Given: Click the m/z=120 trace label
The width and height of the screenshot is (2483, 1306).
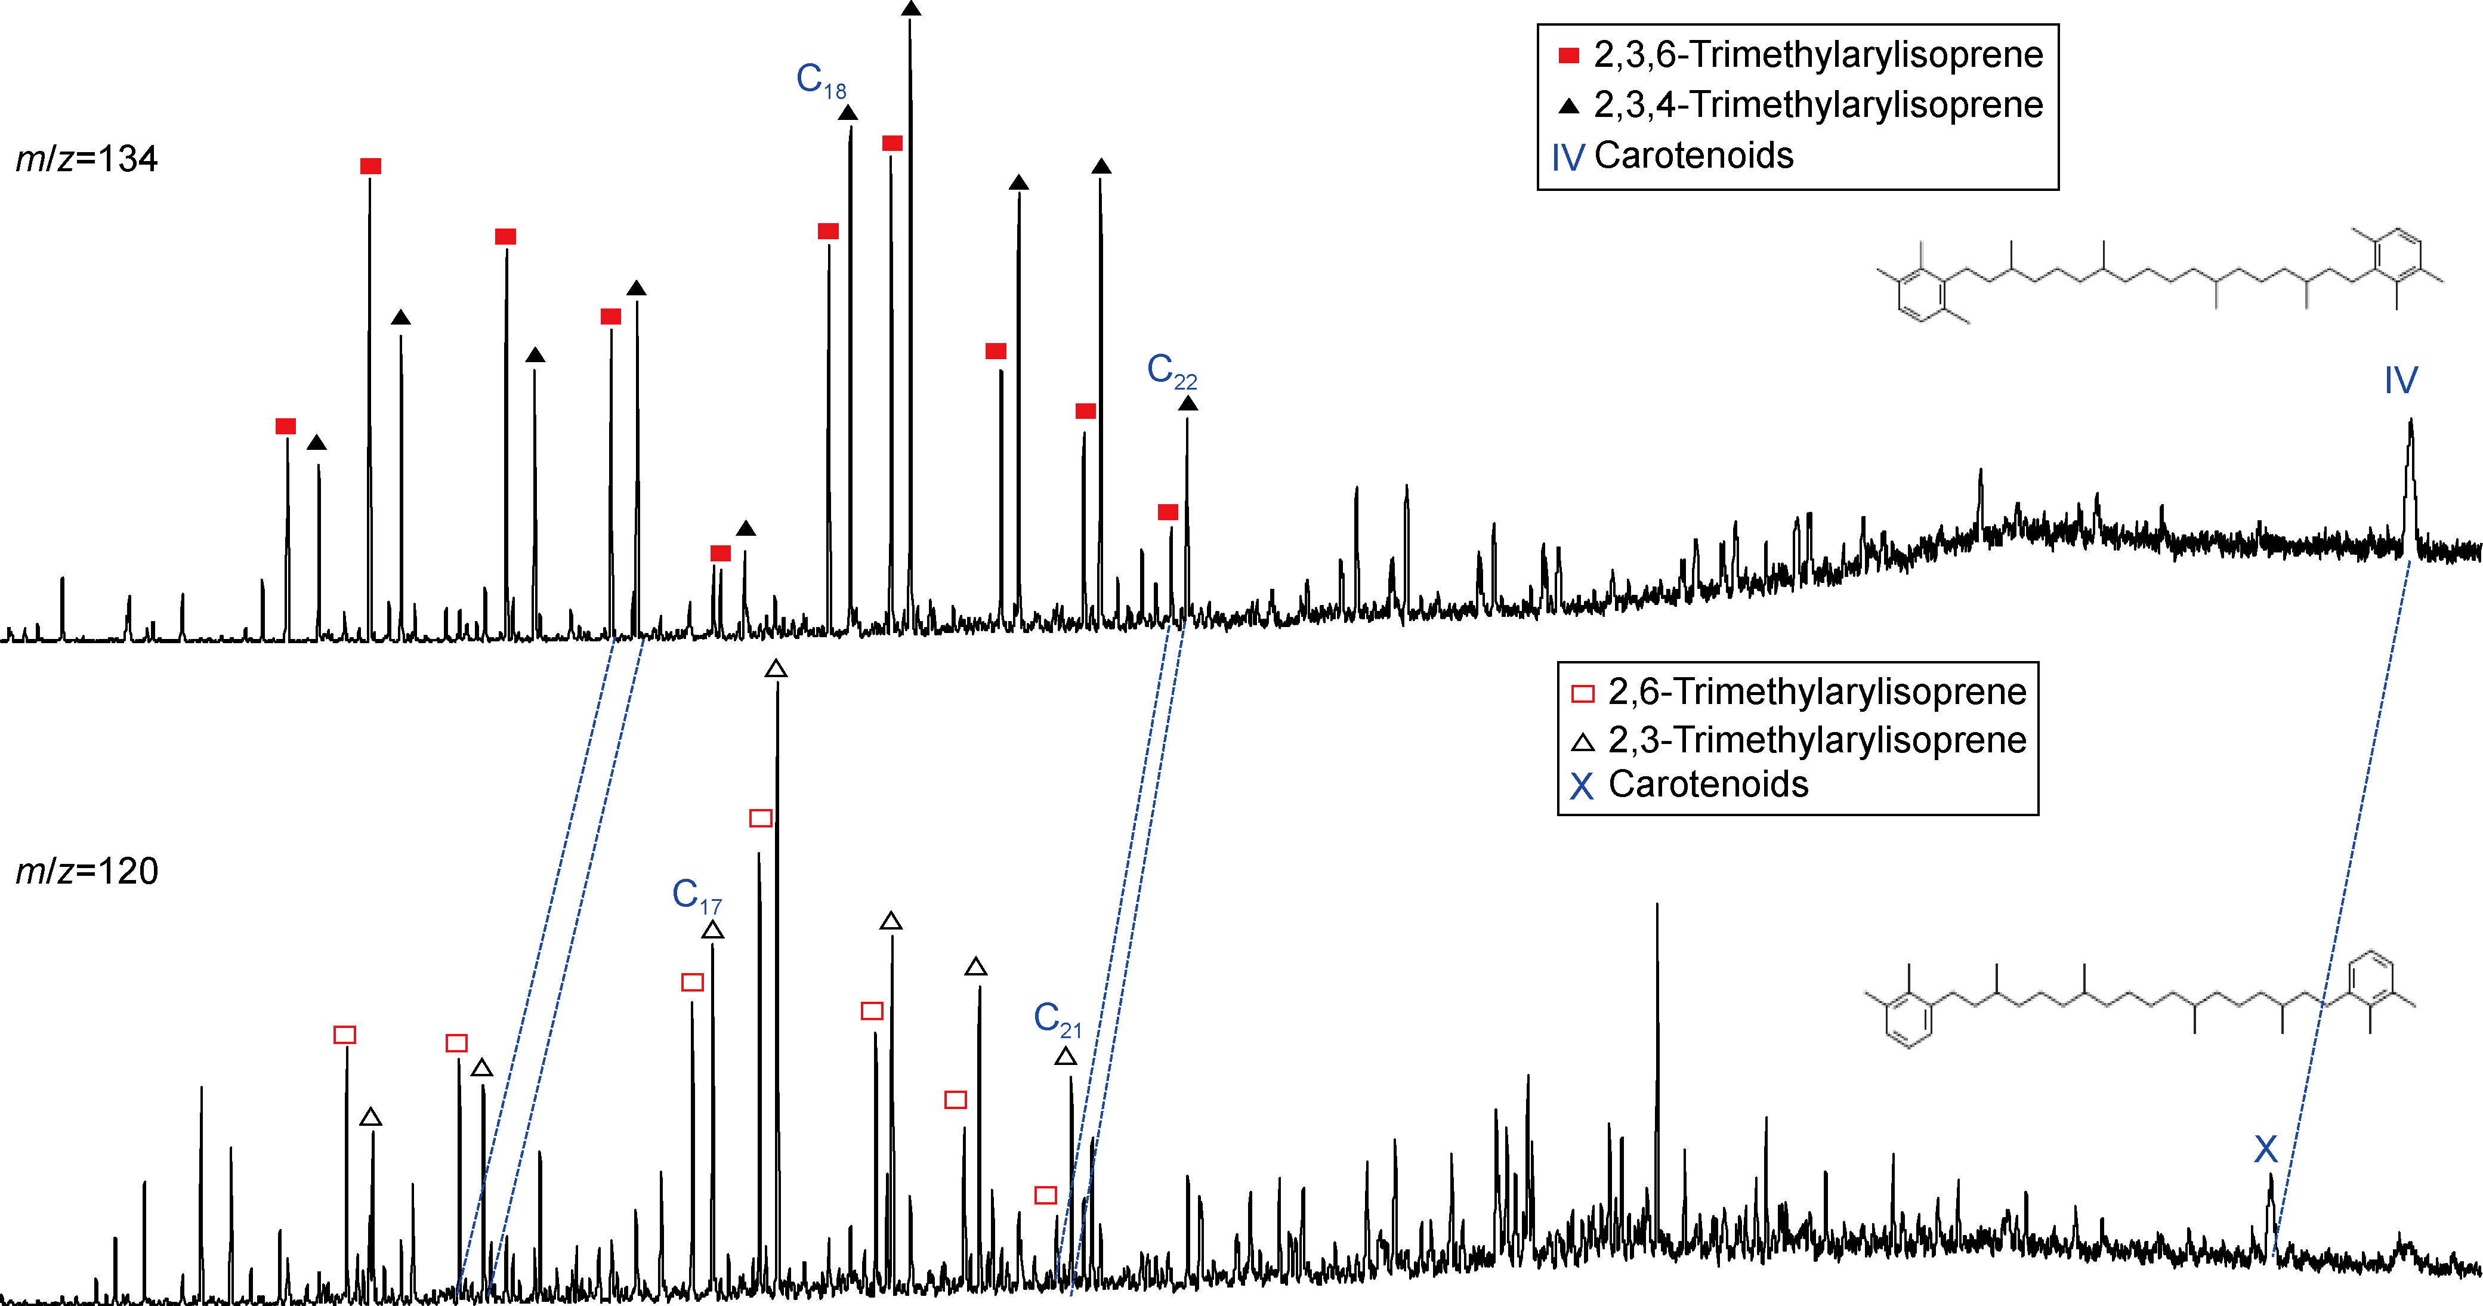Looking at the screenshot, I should [87, 871].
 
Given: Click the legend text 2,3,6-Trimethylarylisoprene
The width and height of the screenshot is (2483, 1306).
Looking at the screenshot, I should [1818, 55].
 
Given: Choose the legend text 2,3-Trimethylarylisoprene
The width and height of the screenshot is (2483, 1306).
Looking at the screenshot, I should [1817, 740].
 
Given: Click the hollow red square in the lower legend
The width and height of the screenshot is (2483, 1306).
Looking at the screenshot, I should [1583, 694].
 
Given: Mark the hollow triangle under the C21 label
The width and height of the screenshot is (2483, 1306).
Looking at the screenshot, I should [1065, 1057].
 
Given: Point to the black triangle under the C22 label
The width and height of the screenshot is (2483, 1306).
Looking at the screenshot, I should [1188, 404].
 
